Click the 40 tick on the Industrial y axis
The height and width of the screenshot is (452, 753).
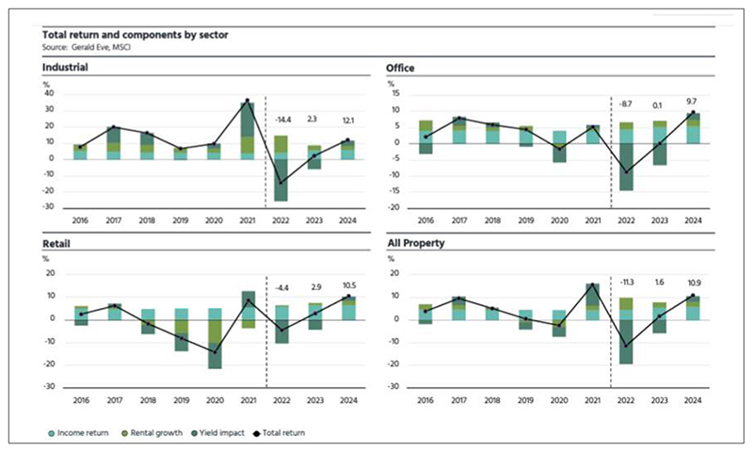[x=49, y=94]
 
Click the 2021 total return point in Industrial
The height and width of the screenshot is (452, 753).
[x=248, y=101]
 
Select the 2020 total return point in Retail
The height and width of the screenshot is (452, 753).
[x=216, y=351]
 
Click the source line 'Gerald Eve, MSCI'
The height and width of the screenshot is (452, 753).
[x=88, y=47]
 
